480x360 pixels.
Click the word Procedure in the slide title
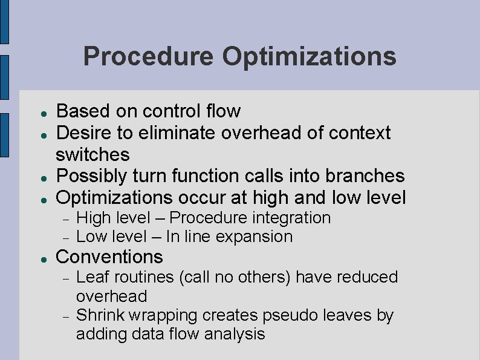[148, 57]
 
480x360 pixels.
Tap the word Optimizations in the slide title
[309, 57]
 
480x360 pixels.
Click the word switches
[92, 154]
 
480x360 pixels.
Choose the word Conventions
[109, 257]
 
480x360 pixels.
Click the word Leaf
[91, 277]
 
